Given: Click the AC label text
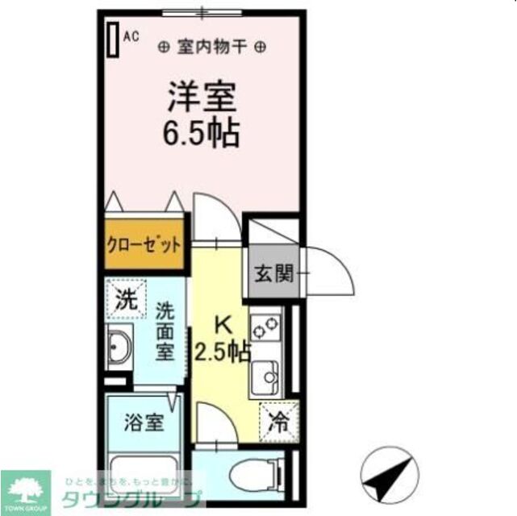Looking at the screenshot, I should pyautogui.click(x=131, y=35).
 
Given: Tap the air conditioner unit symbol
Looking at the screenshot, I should pyautogui.click(x=112, y=38).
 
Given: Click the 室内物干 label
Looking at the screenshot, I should pyautogui.click(x=211, y=47).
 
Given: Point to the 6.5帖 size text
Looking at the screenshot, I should pyautogui.click(x=202, y=133).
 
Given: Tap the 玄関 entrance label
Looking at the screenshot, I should pyautogui.click(x=273, y=273).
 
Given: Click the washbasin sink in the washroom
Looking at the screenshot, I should pyautogui.click(x=119, y=348).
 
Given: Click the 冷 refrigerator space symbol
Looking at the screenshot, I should pyautogui.click(x=278, y=421).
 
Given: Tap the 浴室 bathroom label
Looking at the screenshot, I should pyautogui.click(x=144, y=422).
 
